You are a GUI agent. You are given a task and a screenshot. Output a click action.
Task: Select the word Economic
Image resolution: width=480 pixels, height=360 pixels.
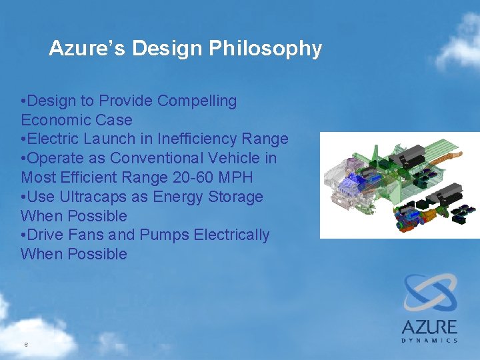[53, 121]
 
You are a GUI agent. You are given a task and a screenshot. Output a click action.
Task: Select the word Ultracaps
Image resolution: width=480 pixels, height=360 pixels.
[93, 197]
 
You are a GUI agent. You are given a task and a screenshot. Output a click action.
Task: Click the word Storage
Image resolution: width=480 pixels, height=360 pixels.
[237, 197]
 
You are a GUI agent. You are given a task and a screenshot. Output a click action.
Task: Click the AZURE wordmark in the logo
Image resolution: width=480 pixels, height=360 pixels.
[429, 327]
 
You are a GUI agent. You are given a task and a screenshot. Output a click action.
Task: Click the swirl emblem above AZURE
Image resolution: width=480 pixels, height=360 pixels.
[430, 294]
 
